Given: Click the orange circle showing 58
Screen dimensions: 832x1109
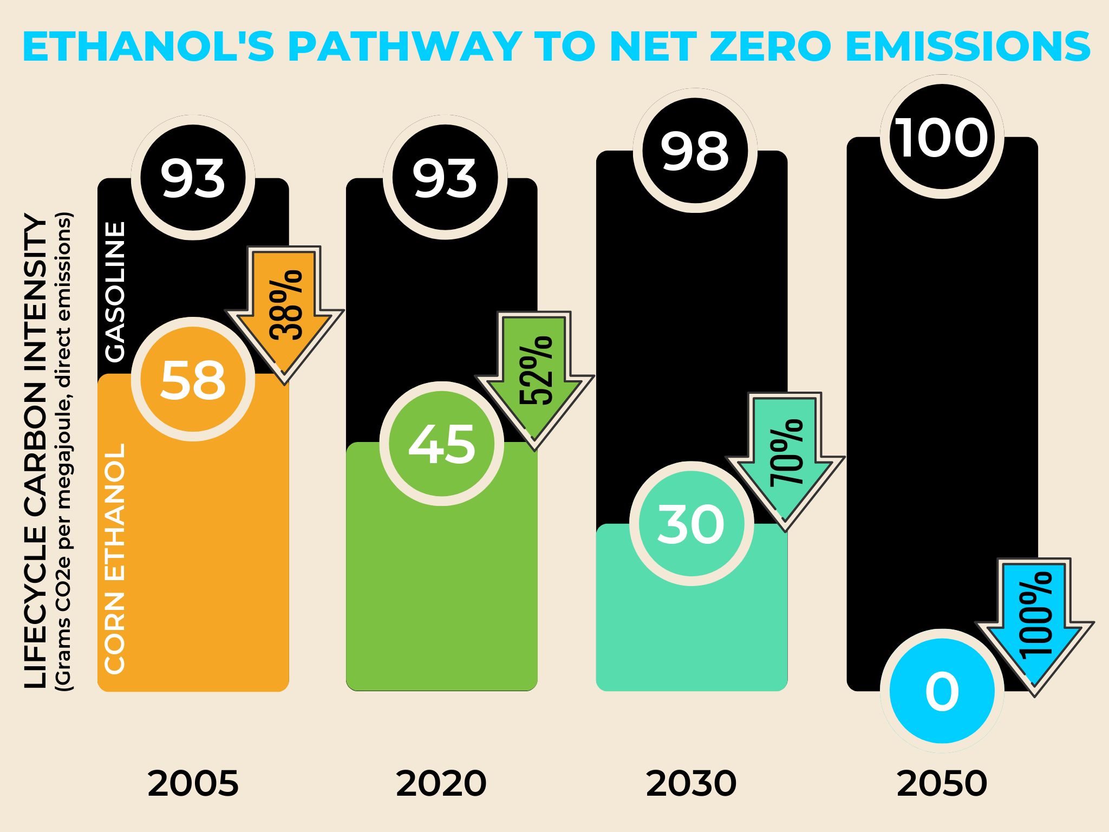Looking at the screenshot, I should click(193, 379).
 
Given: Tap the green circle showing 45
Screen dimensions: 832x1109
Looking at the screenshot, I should click(442, 444).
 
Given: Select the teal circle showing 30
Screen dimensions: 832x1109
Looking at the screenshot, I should click(692, 523).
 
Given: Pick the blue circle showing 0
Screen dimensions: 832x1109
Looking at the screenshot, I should click(942, 691).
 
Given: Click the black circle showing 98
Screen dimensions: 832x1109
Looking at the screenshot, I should click(695, 151).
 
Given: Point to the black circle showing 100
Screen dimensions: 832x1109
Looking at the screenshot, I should click(942, 137).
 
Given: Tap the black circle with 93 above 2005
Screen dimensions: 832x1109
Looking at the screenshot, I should click(193, 178).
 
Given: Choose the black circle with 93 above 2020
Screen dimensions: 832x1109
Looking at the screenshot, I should click(445, 178).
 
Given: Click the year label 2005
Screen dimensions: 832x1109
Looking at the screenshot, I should click(193, 783).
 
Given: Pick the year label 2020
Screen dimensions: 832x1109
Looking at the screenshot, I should click(441, 783).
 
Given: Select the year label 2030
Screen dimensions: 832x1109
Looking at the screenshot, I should click(692, 783).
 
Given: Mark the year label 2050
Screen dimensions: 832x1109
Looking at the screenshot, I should click(942, 783).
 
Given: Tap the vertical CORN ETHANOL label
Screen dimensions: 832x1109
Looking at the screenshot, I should click(115, 558).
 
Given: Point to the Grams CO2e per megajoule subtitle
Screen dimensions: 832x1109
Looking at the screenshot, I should click(64, 452).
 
